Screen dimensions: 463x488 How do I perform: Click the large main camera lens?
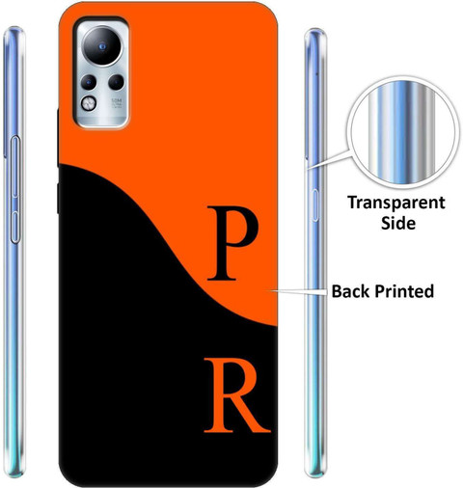102,47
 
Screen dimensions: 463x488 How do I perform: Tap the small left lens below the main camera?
88,83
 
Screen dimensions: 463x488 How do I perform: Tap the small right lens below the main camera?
116,83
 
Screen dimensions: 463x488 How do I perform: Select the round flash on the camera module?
89,103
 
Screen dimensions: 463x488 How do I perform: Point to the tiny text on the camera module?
117,103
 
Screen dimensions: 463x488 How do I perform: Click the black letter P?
232,243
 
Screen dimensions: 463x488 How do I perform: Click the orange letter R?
236,395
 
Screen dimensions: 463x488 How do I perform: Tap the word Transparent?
396,203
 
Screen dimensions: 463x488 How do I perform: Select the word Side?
398,223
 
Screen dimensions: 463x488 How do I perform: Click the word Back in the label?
351,291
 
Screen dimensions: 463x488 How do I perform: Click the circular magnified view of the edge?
401,132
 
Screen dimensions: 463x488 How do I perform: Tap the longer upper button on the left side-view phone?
15,167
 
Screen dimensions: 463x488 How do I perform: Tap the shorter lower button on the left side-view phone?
15,227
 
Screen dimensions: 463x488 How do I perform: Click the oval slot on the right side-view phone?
315,205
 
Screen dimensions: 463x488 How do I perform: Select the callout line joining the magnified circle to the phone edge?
329,159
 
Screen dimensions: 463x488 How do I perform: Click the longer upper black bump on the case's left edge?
58,138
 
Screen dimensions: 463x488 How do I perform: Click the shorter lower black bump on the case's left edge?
58,199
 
